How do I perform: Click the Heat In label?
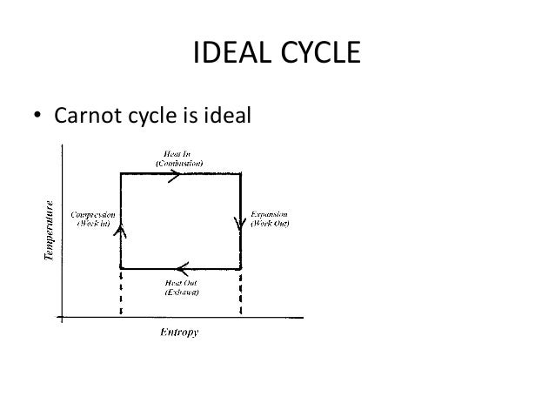click(x=179, y=153)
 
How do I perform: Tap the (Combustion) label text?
click(x=179, y=163)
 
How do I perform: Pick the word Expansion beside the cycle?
click(x=272, y=213)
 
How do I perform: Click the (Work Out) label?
click(x=272, y=223)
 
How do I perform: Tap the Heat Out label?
click(x=180, y=283)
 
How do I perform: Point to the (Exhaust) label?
click(x=180, y=293)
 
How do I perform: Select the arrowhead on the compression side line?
click(x=120, y=229)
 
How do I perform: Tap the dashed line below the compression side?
click(x=120, y=293)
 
